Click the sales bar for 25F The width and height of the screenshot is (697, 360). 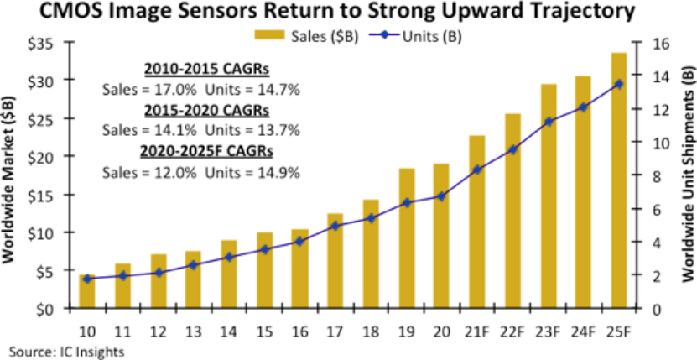pyautogui.click(x=619, y=180)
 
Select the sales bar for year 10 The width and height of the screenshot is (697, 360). pyautogui.click(x=87, y=291)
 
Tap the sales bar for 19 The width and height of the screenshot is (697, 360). pyautogui.click(x=407, y=238)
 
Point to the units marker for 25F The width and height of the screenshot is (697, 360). pyautogui.click(x=619, y=84)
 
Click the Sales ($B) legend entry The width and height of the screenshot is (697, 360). pyautogui.click(x=306, y=36)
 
